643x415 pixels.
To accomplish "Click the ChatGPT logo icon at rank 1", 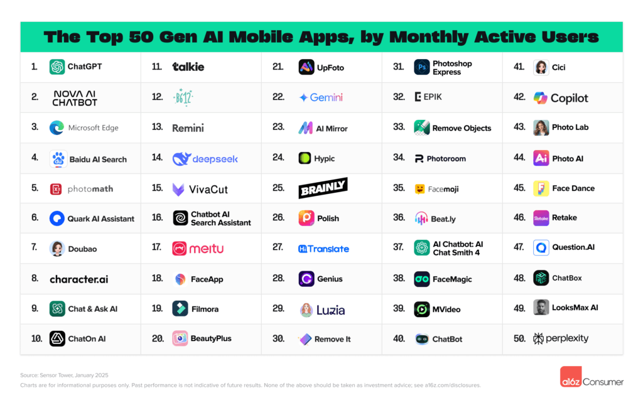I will coord(57,67).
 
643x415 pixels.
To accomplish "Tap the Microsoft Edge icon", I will coord(57,127).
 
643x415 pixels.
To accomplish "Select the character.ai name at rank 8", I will coord(79,279).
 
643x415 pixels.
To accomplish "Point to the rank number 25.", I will coord(278,188).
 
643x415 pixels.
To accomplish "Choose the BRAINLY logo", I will coord(323,188).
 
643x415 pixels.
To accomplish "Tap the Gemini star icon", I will coord(303,98).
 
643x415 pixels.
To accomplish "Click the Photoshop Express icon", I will coord(422,67).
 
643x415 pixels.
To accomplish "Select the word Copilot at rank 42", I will coord(570,98).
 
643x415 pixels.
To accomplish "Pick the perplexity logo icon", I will coord(538,338).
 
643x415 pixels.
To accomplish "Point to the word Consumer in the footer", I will coord(603,381).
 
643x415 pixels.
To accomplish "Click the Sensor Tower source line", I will coord(57,375).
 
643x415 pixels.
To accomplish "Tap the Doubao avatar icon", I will coord(57,249).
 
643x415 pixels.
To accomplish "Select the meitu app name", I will coord(207,249).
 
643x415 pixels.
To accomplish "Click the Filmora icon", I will coord(180,308).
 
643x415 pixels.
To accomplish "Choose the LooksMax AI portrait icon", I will coord(541,308).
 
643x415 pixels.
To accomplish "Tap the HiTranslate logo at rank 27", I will coord(323,249).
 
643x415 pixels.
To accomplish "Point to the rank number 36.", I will coord(399,218).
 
